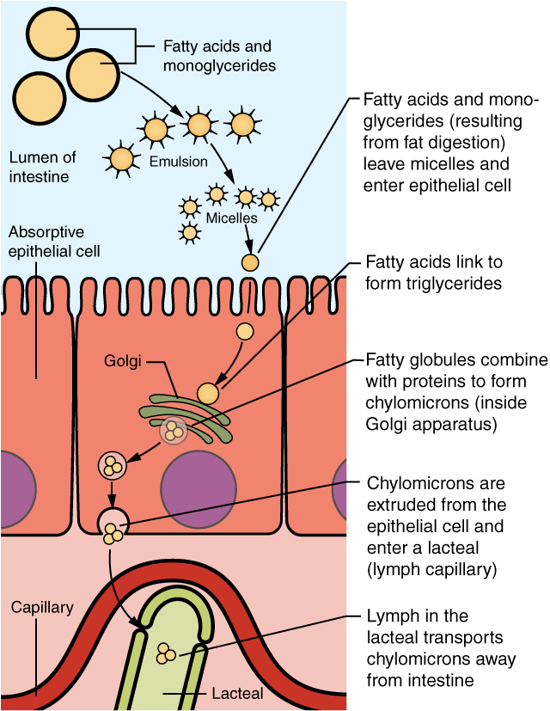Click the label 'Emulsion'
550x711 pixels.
[x=178, y=161]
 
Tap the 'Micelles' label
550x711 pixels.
[x=231, y=218]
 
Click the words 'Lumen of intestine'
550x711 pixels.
[x=42, y=167]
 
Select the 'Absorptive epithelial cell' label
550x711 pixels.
[x=53, y=242]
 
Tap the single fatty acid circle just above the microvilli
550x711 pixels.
[x=249, y=262]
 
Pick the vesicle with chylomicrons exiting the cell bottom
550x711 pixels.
[x=113, y=525]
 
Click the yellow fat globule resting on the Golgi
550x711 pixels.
[x=208, y=393]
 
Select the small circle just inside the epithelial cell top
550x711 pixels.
[x=245, y=330]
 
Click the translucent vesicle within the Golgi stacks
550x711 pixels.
[x=174, y=430]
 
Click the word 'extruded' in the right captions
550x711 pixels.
[x=400, y=504]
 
